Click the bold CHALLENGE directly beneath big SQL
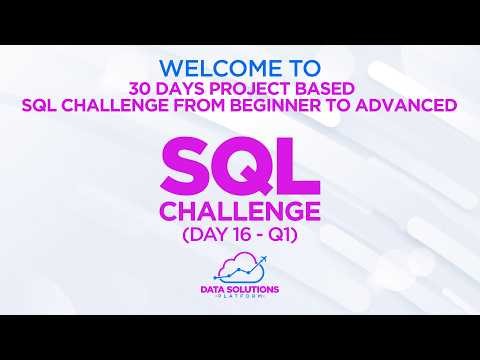(240, 212)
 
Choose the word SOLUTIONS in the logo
(252, 288)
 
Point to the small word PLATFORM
(240, 297)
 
